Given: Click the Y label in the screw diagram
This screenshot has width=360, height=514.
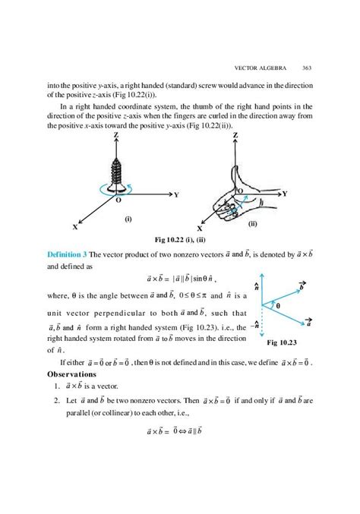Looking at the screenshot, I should click(x=175, y=195).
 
